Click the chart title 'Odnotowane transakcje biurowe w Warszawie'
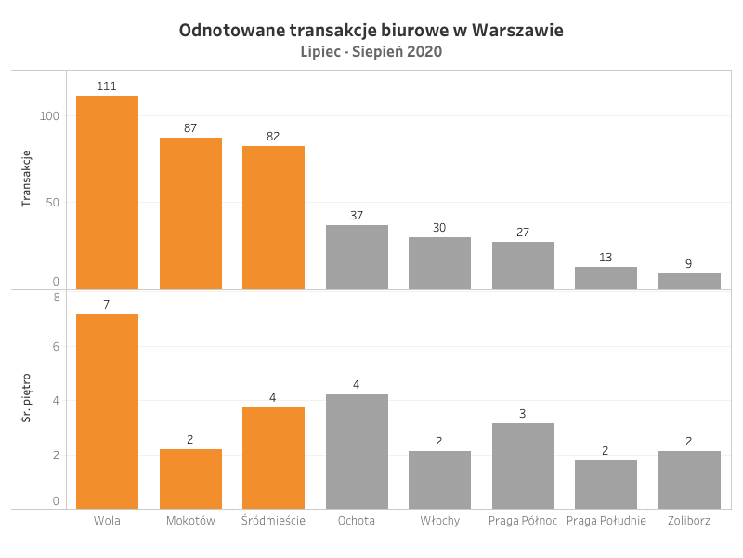point(371,31)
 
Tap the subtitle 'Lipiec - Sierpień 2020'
point(371,51)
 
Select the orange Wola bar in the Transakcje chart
point(107,193)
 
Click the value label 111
point(107,86)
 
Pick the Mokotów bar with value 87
point(190,214)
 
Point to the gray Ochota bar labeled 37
point(357,258)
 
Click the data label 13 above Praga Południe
point(606,258)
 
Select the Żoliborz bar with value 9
point(689,282)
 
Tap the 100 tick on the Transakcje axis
point(49,115)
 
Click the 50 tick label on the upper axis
point(53,203)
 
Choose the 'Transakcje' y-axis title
point(26,179)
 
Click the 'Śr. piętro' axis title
point(26,398)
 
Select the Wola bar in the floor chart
point(107,411)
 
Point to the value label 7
point(107,305)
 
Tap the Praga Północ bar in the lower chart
point(523,466)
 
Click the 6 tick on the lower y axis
point(56,346)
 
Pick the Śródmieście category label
point(273,521)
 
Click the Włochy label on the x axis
point(439,521)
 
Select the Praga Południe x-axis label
point(606,521)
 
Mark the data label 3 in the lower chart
point(522,413)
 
